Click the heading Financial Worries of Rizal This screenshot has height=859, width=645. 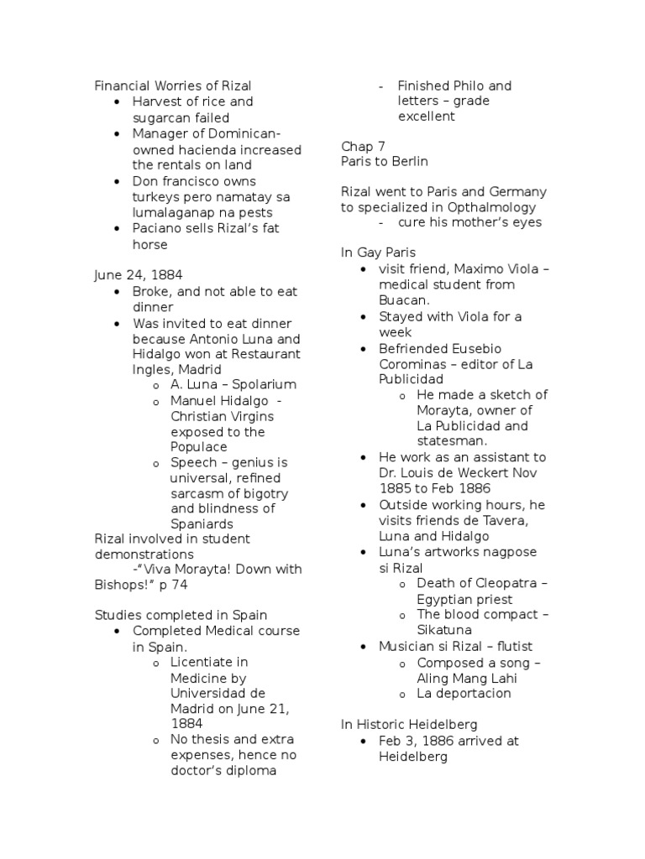pyautogui.click(x=172, y=86)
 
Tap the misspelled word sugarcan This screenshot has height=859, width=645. pyautogui.click(x=164, y=117)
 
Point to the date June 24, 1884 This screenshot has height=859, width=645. pyautogui.click(x=138, y=274)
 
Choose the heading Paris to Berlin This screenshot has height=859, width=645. pyautogui.click(x=385, y=162)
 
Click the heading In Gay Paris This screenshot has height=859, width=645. pyautogui.click(x=378, y=252)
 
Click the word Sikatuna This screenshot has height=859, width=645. pyautogui.click(x=445, y=630)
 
